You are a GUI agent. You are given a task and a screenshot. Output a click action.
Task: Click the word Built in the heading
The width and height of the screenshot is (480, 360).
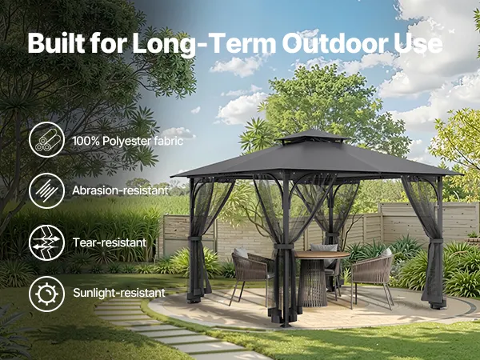coord(56,42)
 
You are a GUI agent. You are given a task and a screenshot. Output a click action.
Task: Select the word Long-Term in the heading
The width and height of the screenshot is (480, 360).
coord(205,44)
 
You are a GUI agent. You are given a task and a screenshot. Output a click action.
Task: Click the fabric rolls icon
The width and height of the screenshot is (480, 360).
coord(47,140)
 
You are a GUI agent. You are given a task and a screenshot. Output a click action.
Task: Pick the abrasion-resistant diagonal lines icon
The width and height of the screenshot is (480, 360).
coord(47,190)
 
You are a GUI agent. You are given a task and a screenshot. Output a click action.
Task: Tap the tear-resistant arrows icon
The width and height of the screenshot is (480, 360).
coord(47,242)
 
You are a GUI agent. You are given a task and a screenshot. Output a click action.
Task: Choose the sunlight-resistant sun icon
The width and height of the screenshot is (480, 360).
coord(47,294)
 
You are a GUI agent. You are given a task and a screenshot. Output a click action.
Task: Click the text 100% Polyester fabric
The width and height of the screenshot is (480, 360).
coord(128,141)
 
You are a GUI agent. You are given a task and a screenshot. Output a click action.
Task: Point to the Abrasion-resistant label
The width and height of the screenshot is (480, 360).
coord(120,190)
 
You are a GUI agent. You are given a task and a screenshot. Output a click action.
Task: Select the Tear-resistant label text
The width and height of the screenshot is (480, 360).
coord(110,242)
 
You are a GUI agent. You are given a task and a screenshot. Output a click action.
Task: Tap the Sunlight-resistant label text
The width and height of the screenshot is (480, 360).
coord(119,293)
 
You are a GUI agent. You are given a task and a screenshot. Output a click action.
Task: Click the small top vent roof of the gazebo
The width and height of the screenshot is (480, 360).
coord(313,136)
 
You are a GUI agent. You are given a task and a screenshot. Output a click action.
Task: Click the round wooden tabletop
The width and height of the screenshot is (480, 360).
coord(322,254)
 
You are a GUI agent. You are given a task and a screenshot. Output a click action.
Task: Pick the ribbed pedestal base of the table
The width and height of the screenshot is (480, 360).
coord(312,282)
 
